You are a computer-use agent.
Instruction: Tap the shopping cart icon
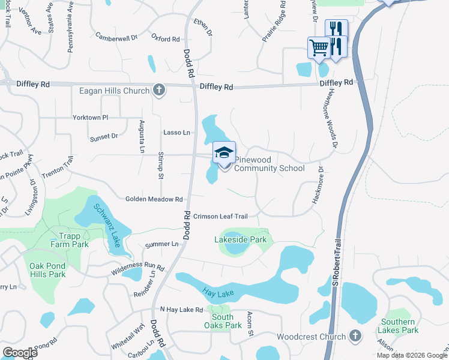[319, 47]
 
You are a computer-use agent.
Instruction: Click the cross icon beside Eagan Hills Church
[158, 91]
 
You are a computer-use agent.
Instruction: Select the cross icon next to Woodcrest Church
[355, 337]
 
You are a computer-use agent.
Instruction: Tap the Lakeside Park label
[240, 239]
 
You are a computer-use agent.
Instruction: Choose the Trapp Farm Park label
[74, 240]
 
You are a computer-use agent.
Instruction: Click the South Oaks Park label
[223, 321]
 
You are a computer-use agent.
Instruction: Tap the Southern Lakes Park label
[399, 326]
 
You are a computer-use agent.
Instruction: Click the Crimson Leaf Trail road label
[220, 215]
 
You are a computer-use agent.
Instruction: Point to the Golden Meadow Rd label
[154, 199]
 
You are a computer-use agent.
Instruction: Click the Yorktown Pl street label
[90, 118]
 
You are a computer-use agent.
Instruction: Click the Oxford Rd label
[166, 38]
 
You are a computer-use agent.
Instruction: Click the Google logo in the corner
[20, 353]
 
